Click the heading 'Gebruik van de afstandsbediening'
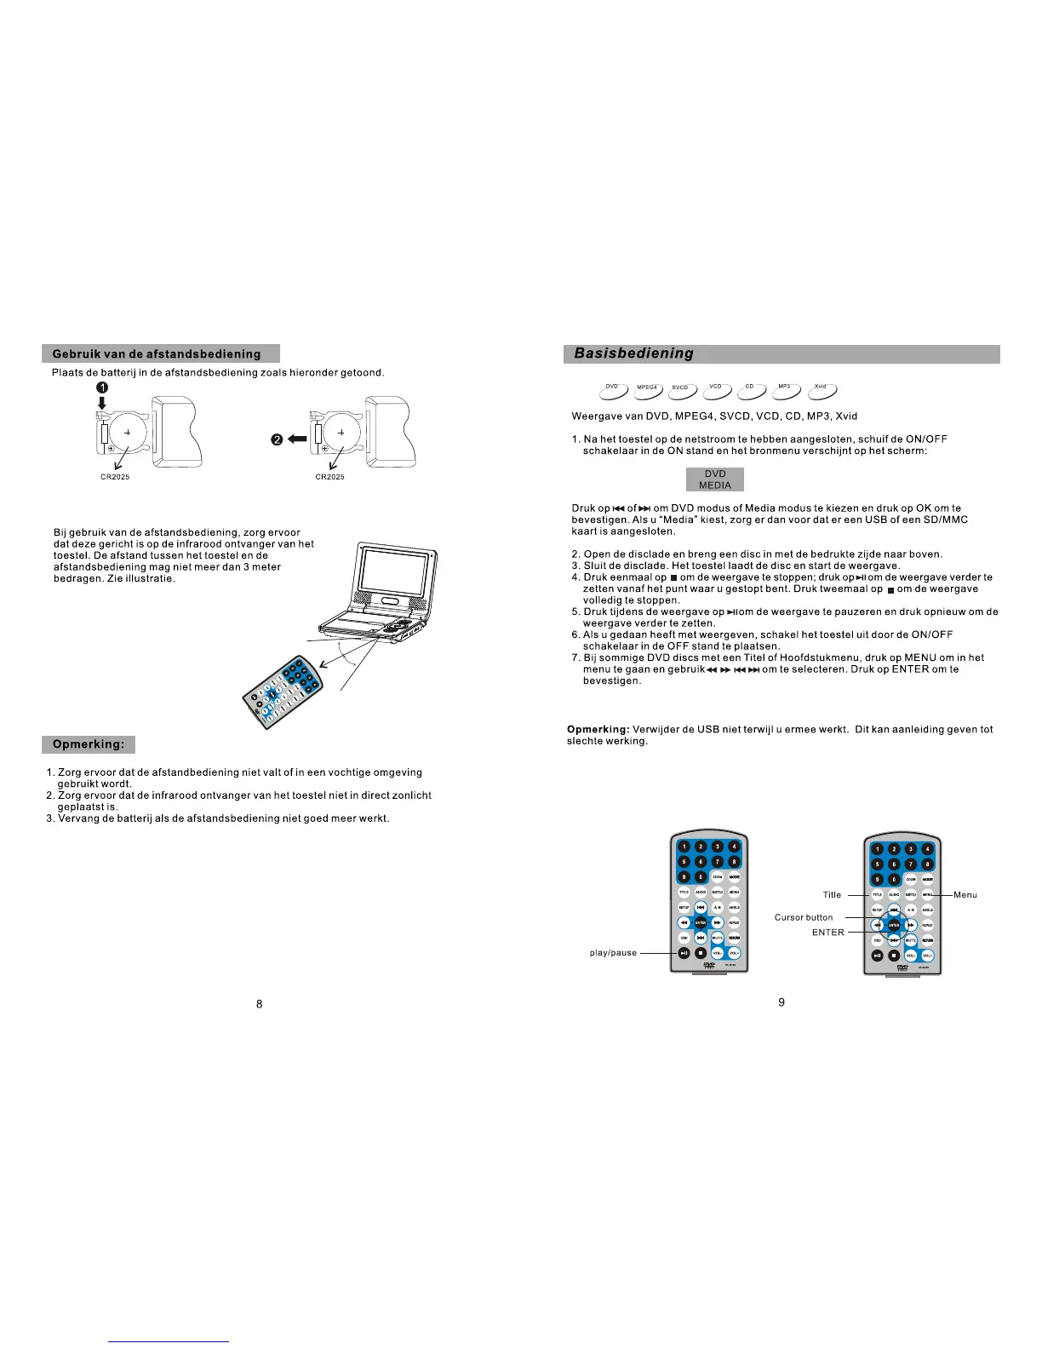(160, 353)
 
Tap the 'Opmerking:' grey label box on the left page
(89, 744)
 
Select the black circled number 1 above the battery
(101, 387)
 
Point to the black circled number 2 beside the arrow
(277, 439)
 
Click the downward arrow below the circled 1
(101, 402)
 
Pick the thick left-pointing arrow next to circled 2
(297, 439)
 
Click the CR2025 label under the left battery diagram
(116, 477)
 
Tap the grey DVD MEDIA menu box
(715, 479)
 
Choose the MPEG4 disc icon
(647, 390)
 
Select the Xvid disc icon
(821, 389)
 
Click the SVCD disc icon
(682, 390)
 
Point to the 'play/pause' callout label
(613, 953)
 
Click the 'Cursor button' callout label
(804, 917)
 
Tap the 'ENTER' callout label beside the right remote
(827, 933)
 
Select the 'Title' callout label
(832, 895)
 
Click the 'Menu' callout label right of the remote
(965, 895)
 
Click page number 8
(260, 1004)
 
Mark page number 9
(781, 1002)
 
